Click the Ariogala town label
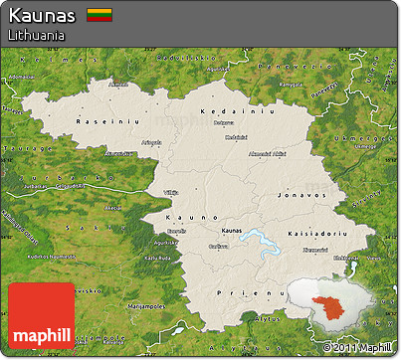point(150,142)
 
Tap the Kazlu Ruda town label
point(155,257)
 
